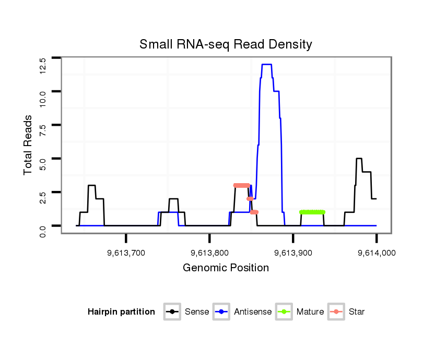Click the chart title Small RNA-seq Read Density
[226, 44]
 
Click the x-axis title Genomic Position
[226, 268]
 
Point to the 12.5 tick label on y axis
[43, 64]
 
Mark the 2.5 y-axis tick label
[43, 199]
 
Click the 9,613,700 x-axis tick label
[126, 253]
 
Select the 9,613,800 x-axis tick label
[209, 253]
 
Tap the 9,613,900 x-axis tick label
[293, 253]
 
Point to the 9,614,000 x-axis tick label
[376, 253]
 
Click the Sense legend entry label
[197, 312]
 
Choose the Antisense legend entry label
[253, 312]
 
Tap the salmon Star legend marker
[337, 312]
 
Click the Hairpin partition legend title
[121, 312]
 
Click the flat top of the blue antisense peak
[266, 64]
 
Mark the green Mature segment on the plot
[312, 212]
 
